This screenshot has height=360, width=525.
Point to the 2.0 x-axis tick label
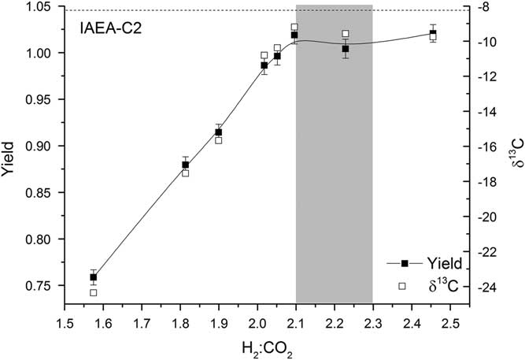[x=257, y=323]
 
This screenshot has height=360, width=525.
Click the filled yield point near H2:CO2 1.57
[x=93, y=277]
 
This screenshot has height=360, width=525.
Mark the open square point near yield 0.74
[x=93, y=292]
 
